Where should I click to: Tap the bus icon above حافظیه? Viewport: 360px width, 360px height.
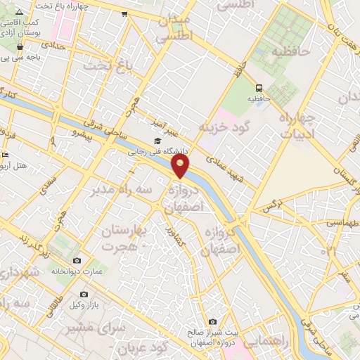[259, 88]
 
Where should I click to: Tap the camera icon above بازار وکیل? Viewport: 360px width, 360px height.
[84, 294]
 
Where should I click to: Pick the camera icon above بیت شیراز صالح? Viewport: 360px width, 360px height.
[212, 321]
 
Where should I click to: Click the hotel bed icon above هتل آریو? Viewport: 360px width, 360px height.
[6, 155]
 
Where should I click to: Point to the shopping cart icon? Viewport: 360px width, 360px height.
[124, 13]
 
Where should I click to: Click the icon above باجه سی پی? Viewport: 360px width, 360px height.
[20, 47]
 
